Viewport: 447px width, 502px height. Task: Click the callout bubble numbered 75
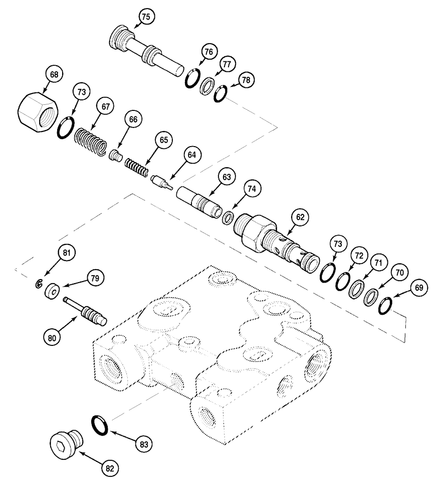click(x=146, y=17)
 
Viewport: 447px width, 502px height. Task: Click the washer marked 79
click(x=52, y=291)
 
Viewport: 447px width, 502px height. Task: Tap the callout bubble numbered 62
click(x=300, y=217)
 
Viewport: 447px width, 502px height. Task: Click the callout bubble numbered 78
click(x=246, y=79)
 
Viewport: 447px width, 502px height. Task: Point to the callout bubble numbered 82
click(x=109, y=468)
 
